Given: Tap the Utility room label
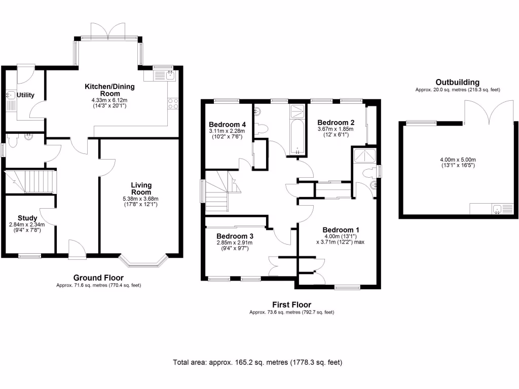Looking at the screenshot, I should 25,95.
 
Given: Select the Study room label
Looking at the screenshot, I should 27,218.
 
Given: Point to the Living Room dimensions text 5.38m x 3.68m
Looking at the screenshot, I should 141,199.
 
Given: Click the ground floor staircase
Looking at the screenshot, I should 30,181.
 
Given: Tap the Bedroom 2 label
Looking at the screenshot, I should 335,122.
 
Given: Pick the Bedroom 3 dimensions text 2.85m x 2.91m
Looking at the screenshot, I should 234,243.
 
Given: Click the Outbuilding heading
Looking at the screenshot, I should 457,82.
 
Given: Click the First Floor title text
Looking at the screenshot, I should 291,304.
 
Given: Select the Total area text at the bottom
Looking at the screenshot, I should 257,362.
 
